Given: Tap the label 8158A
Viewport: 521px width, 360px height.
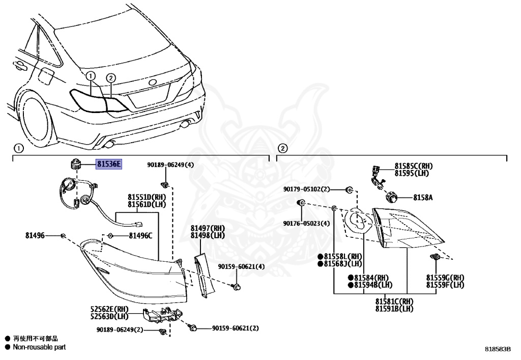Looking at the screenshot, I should (x=422, y=197).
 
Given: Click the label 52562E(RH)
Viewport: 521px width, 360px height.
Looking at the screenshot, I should (x=109, y=309).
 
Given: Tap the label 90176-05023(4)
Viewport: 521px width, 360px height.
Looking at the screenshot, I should (x=307, y=223).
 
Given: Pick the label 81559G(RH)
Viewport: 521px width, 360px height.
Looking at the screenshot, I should (x=445, y=278).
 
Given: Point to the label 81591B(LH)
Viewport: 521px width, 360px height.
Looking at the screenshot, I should (x=394, y=309).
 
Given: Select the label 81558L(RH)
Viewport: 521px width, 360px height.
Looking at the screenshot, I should (x=340, y=256).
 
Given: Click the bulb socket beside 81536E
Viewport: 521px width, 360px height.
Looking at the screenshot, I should (x=74, y=164).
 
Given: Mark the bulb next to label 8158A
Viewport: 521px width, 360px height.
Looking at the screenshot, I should (x=392, y=197).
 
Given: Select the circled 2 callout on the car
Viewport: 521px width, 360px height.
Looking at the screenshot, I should (x=111, y=78).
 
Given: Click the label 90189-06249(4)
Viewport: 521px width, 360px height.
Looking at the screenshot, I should (x=171, y=164).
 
